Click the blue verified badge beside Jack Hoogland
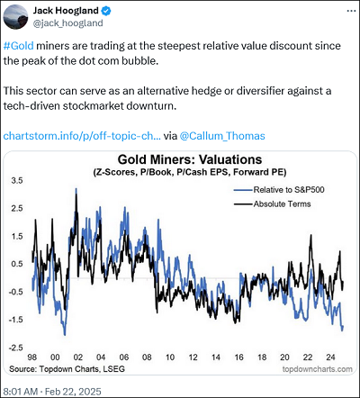[x=106, y=11]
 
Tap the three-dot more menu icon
[x=351, y=11]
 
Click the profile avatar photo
[x=15, y=17]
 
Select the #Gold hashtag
[x=19, y=46]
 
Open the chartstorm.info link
[x=82, y=136]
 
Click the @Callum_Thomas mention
[x=222, y=136]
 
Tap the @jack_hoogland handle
[x=67, y=23]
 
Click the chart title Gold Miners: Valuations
[x=190, y=159]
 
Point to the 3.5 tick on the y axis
[x=17, y=181]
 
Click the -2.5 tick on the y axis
[x=15, y=348]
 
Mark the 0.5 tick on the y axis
[x=17, y=264]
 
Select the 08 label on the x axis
[x=147, y=357]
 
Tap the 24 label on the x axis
[x=330, y=357]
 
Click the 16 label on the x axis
[x=238, y=357]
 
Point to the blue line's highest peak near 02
[x=76, y=189]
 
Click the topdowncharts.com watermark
[x=318, y=369]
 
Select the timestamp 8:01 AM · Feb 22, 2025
[x=52, y=392]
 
